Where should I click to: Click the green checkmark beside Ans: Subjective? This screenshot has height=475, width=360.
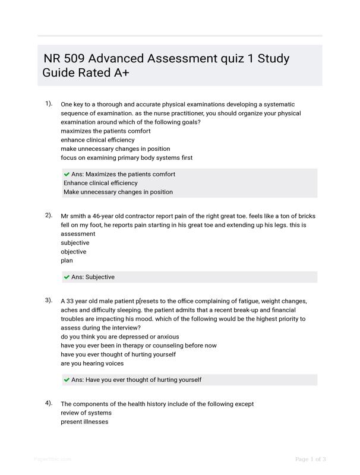click(x=67, y=277)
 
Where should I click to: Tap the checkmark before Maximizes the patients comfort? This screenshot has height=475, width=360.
click(x=67, y=174)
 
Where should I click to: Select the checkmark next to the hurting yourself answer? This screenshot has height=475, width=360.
click(x=67, y=379)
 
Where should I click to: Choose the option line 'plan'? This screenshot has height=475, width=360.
click(x=67, y=260)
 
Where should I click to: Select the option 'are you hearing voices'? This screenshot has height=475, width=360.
click(x=92, y=363)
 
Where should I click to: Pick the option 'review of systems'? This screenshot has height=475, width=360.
click(x=86, y=413)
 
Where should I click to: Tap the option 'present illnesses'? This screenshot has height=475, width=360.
click(x=84, y=422)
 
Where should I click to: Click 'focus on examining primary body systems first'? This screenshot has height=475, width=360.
click(x=127, y=157)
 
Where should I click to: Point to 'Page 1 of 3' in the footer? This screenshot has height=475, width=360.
click(x=310, y=459)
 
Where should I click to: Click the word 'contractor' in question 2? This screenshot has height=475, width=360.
click(x=142, y=216)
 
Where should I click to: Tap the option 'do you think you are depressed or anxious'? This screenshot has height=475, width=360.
click(x=119, y=337)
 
